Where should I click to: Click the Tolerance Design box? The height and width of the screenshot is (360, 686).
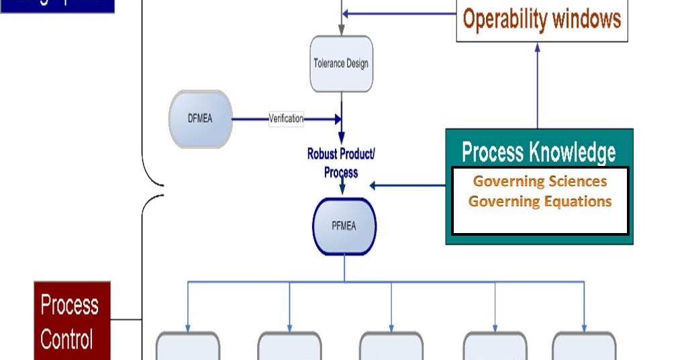(x=341, y=64)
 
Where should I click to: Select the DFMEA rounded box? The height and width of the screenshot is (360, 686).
(x=200, y=119)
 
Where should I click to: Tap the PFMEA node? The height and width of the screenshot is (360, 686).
(x=344, y=226)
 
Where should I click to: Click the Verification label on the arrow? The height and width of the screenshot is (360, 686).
(x=286, y=119)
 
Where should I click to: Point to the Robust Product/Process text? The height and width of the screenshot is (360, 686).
(x=341, y=163)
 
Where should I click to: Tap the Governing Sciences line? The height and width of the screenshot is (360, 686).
(x=540, y=181)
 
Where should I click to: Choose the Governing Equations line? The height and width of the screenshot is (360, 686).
(x=540, y=201)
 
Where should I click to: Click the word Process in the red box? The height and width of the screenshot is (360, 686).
(x=70, y=305)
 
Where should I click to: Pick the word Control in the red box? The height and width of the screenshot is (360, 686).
(x=67, y=339)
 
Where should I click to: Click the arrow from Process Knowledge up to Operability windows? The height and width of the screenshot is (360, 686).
(x=538, y=87)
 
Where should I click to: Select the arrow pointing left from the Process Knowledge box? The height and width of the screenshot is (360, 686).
(x=406, y=185)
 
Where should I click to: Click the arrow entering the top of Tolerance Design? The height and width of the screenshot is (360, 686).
(x=342, y=27)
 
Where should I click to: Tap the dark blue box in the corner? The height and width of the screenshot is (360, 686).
(x=57, y=6)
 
